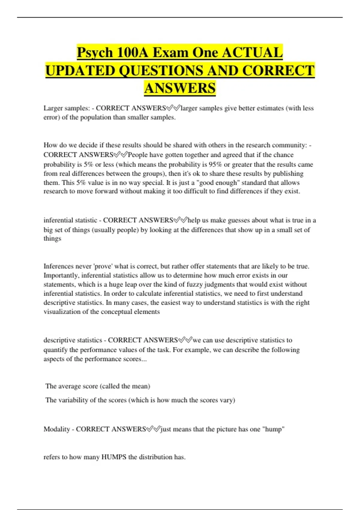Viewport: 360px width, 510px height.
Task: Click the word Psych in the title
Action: (95, 53)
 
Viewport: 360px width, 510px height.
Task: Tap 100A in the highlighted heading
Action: (133, 53)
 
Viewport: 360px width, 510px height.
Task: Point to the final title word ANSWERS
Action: (180, 88)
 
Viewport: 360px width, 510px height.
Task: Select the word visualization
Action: (62, 312)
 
